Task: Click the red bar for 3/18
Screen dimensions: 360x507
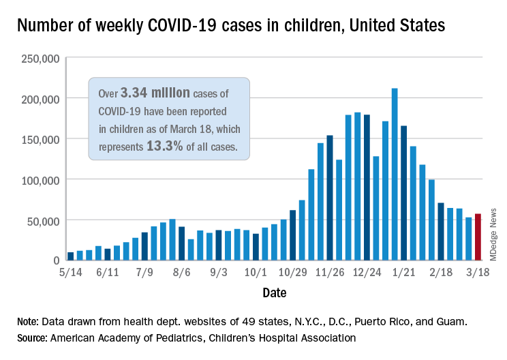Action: [x=478, y=237]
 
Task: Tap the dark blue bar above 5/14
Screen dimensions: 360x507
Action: [x=70, y=256]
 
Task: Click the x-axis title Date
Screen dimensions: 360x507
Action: [x=274, y=293]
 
